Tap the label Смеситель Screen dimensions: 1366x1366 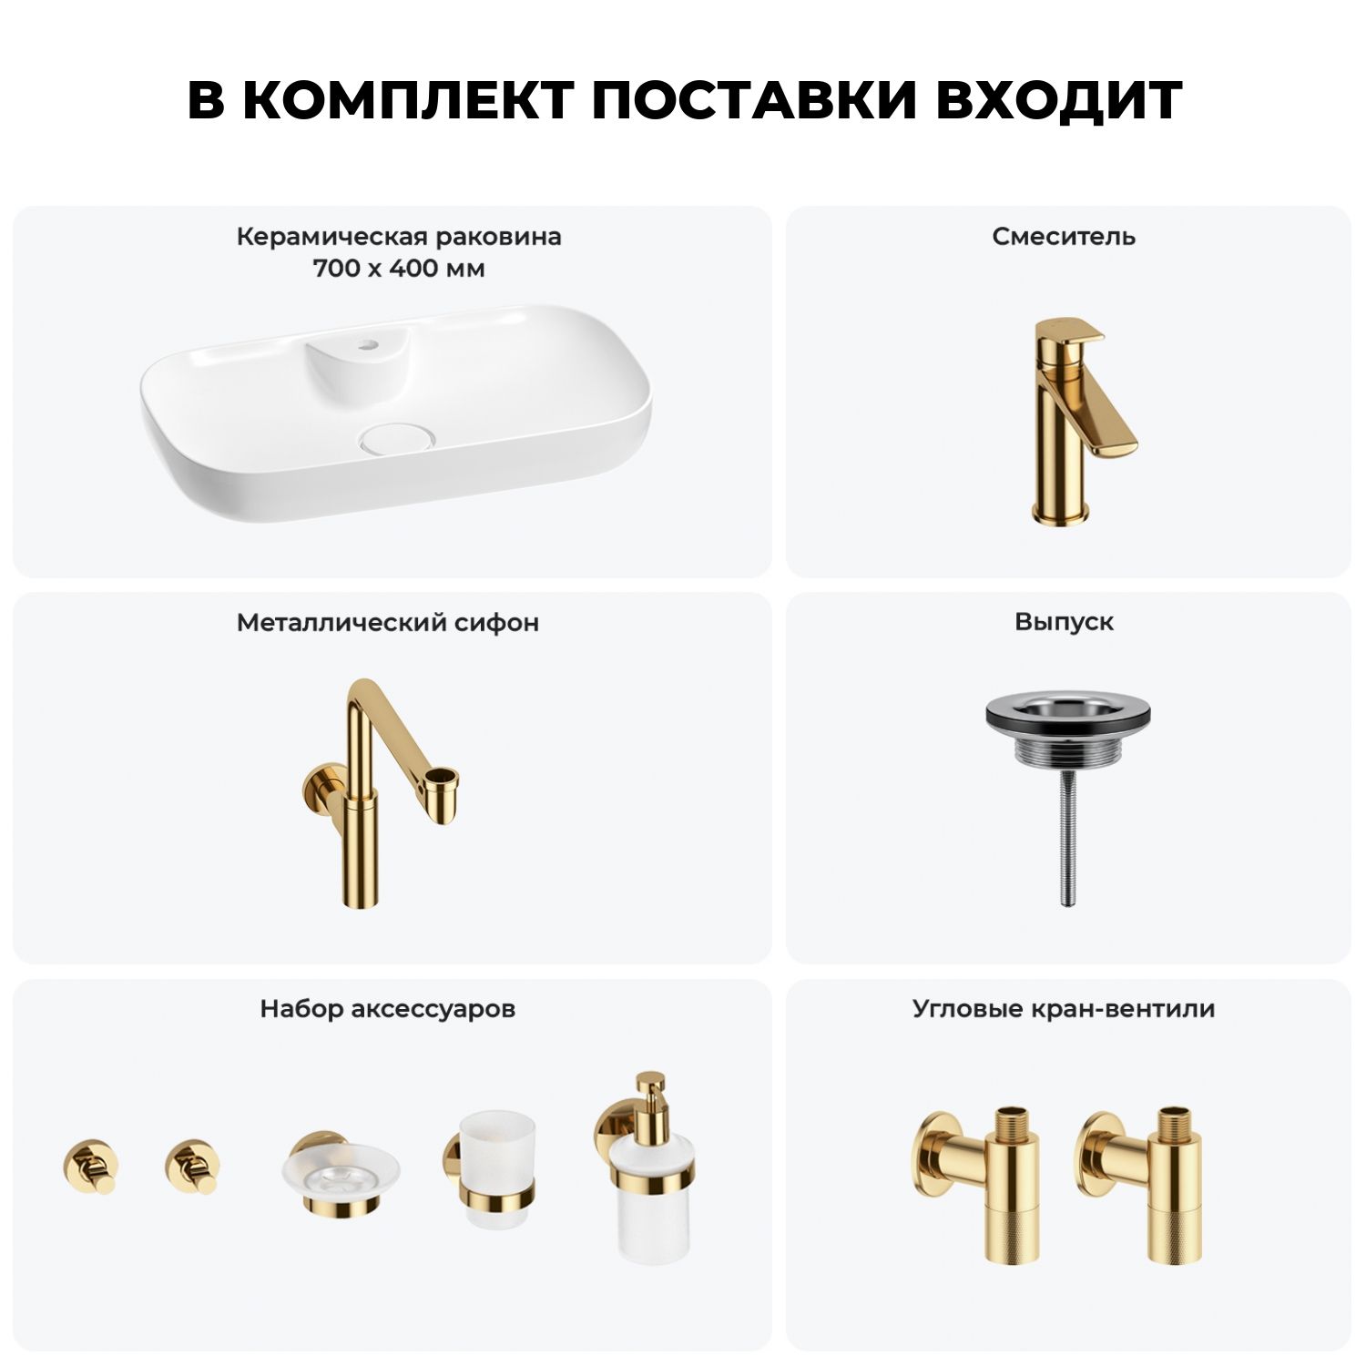tap(1064, 237)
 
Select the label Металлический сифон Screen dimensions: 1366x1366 tap(388, 623)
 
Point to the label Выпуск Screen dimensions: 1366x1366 tap(1064, 623)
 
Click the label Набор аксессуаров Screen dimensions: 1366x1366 tap(388, 1009)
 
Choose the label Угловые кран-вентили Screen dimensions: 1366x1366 tap(1064, 1009)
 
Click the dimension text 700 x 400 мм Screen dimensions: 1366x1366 tap(399, 269)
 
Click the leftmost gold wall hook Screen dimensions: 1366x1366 tap(90, 1166)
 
